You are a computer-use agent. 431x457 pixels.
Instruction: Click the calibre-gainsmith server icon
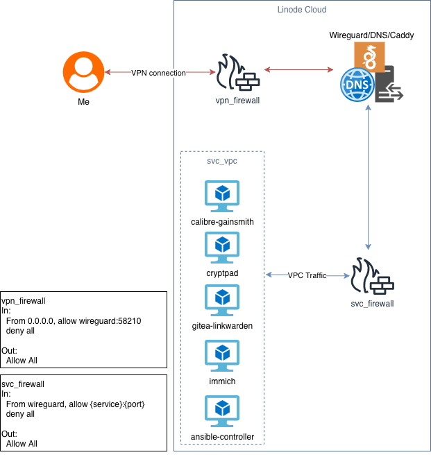coord(222,196)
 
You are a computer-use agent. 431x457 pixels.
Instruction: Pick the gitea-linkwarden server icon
coord(222,299)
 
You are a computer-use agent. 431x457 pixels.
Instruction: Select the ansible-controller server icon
coord(222,411)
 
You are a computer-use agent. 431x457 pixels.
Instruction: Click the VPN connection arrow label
coord(158,73)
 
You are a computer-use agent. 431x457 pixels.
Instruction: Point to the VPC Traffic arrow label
coord(307,275)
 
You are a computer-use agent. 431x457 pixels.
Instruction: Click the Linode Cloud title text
coord(301,10)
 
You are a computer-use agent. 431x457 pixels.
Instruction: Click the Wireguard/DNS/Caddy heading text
coord(371,35)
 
